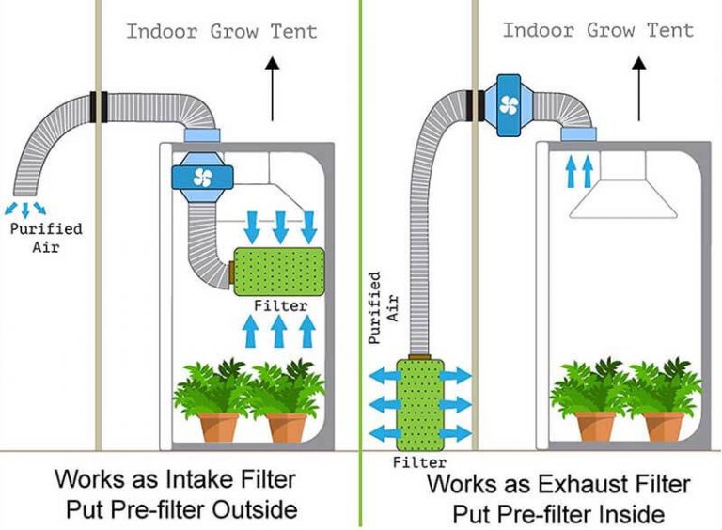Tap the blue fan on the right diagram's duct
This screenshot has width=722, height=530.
pyautogui.click(x=509, y=104)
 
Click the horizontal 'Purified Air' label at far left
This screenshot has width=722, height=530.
pyautogui.click(x=44, y=238)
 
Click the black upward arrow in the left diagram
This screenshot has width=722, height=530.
pyautogui.click(x=272, y=89)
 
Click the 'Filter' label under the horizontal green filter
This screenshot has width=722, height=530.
pyautogui.click(x=280, y=305)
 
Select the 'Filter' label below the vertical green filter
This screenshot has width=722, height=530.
pyautogui.click(x=418, y=463)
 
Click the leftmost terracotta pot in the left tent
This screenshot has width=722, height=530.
pyautogui.click(x=218, y=426)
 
